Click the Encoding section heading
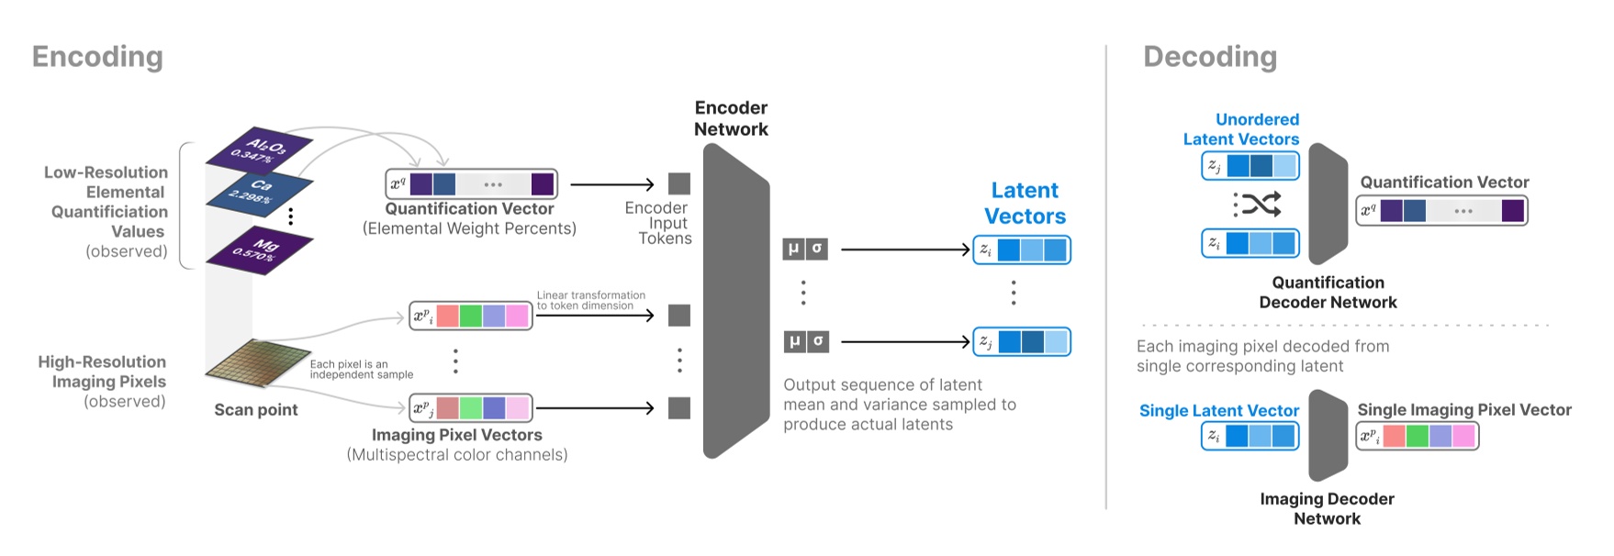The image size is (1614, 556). tap(97, 57)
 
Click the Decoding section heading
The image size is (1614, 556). tap(1209, 57)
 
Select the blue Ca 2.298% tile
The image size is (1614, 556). tap(258, 191)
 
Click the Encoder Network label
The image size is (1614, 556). tap(731, 118)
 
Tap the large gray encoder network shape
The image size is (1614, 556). tap(734, 303)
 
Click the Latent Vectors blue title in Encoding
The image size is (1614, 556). tap(1025, 203)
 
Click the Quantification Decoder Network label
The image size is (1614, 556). tap(1328, 293)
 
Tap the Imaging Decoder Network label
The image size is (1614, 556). tap(1327, 508)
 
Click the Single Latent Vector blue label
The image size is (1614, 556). tap(1218, 410)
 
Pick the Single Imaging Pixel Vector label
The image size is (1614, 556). tap(1463, 409)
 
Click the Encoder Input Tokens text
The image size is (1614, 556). tap(657, 223)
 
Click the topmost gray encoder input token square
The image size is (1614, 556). tap(679, 183)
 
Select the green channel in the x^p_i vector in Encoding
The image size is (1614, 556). tap(470, 317)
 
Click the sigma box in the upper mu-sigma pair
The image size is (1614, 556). tap(817, 249)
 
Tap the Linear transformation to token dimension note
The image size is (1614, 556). tap(590, 300)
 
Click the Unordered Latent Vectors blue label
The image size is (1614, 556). tap(1241, 129)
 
